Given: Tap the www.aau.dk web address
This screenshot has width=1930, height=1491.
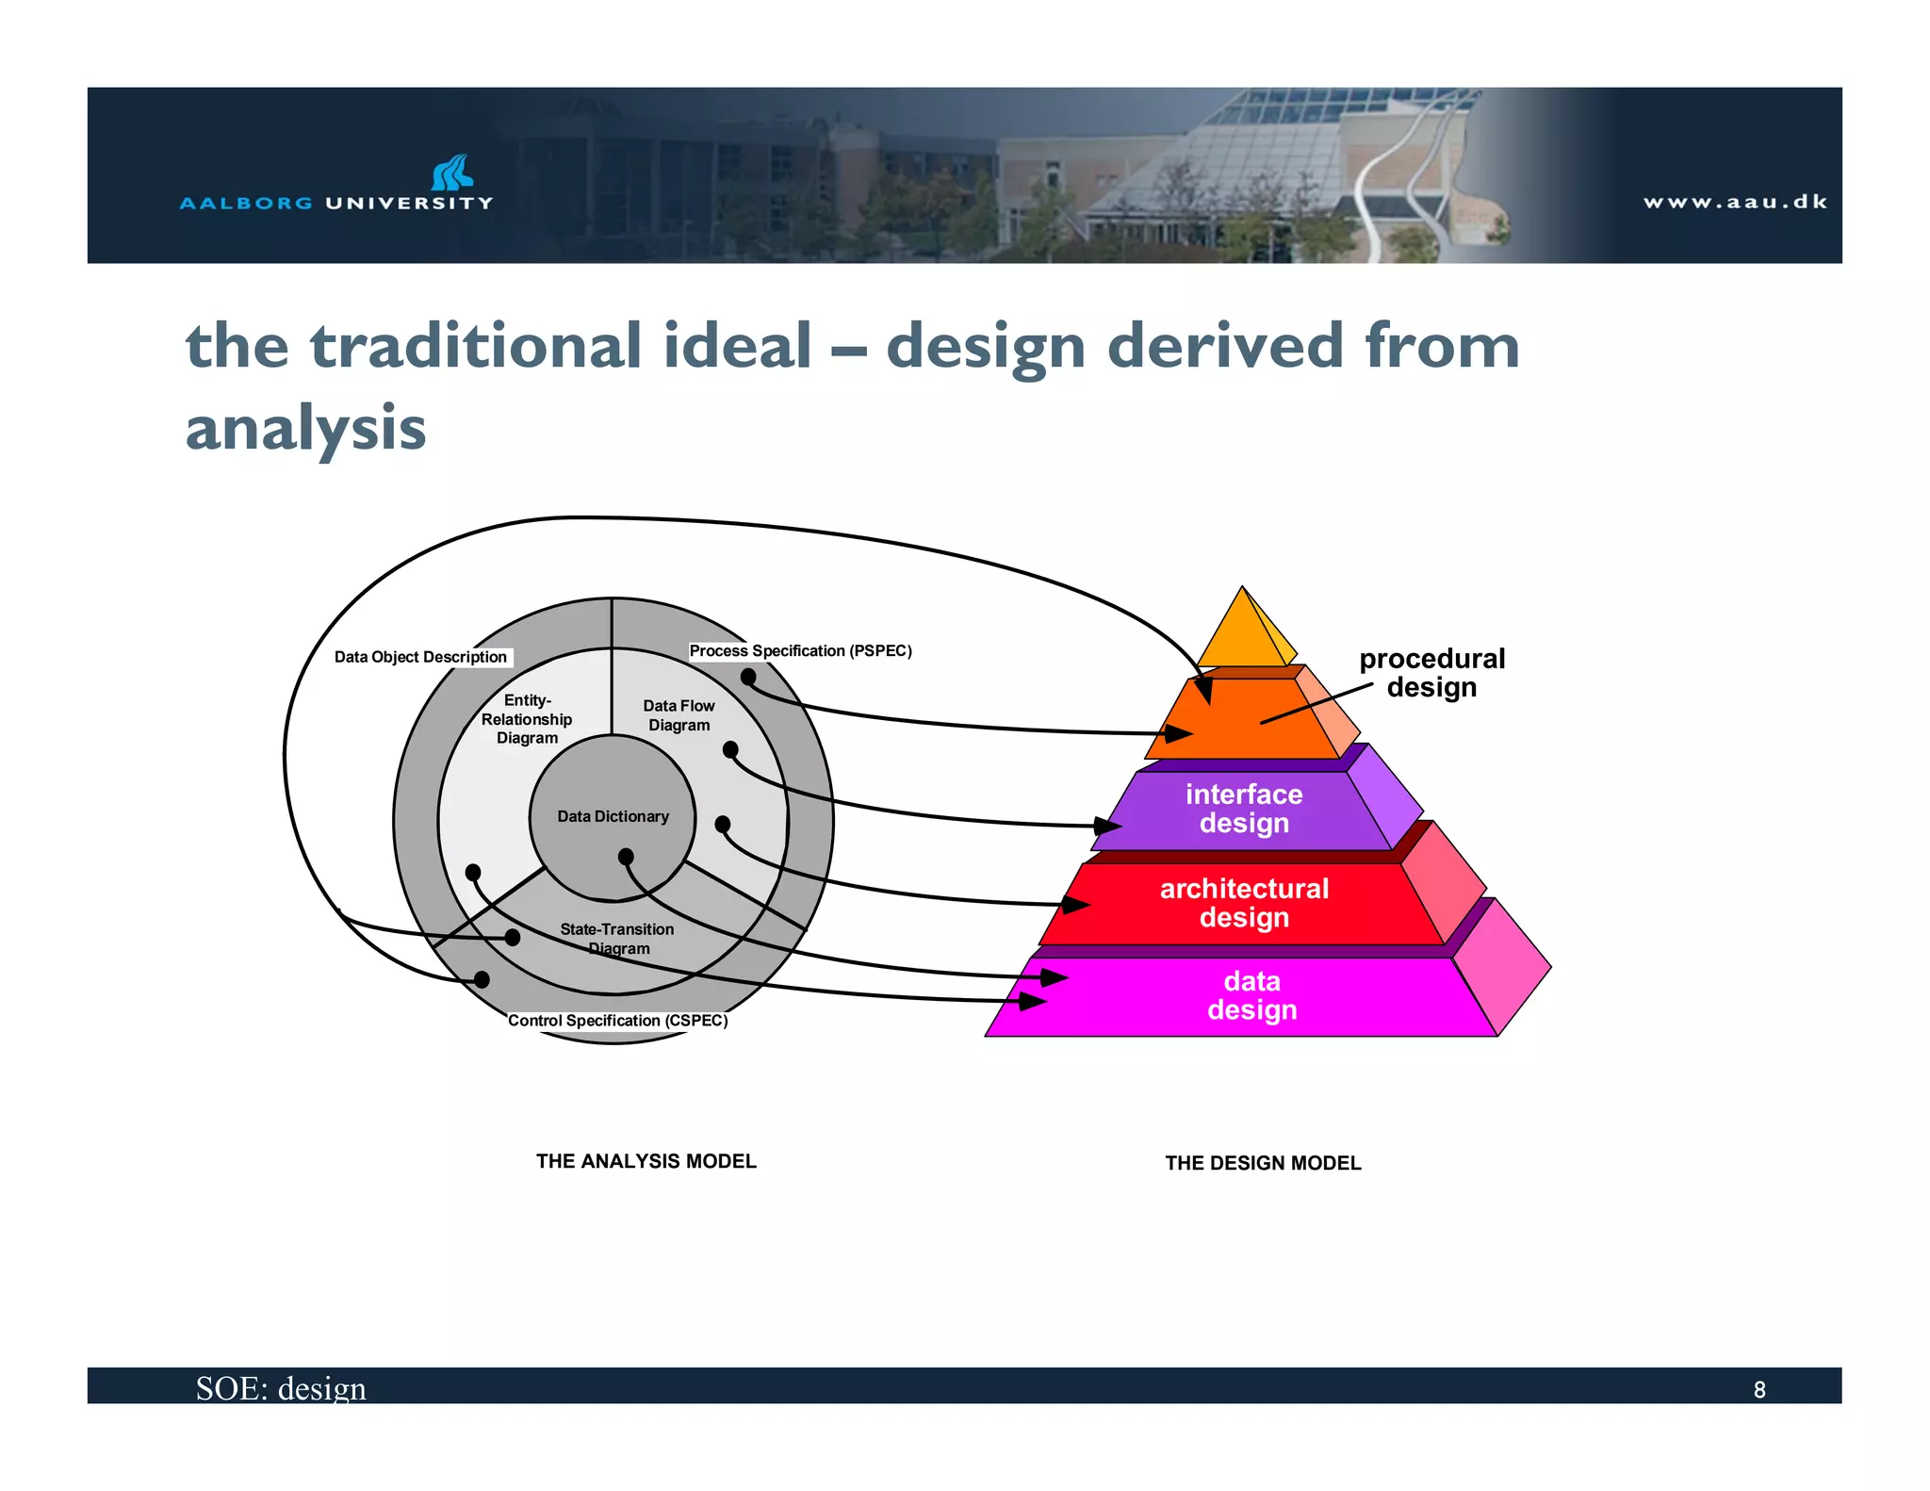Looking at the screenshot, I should tap(1734, 202).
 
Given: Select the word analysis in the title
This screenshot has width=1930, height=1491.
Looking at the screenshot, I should tap(305, 427).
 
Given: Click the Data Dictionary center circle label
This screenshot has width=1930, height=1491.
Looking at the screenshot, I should tap(613, 816).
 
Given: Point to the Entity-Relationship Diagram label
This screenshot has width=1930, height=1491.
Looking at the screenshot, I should tap(527, 719).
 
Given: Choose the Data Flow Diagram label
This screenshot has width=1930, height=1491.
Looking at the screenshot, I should tap(679, 715).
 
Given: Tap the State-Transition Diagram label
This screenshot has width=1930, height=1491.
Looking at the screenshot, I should tap(617, 938).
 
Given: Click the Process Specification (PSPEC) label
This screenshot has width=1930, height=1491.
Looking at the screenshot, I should tap(800, 650).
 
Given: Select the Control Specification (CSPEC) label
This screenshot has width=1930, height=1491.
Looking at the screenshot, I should tap(617, 1021).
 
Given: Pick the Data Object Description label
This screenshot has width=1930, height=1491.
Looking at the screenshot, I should tap(420, 657).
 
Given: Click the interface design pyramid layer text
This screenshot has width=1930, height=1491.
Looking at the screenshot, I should tap(1244, 809).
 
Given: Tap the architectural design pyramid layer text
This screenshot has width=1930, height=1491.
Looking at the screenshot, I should tap(1244, 902).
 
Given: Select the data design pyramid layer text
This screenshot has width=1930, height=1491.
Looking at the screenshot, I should tap(1251, 995).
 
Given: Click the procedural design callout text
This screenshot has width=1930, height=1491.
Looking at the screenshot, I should tap(1431, 672).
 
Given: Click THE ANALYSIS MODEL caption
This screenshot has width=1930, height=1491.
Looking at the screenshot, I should tap(646, 1161).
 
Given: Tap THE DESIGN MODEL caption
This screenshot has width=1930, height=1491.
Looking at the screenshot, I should tap(1263, 1163).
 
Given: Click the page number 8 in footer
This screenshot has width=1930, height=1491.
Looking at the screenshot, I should tap(1758, 1389).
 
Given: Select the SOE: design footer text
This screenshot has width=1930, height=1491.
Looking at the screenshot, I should tap(281, 1388).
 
